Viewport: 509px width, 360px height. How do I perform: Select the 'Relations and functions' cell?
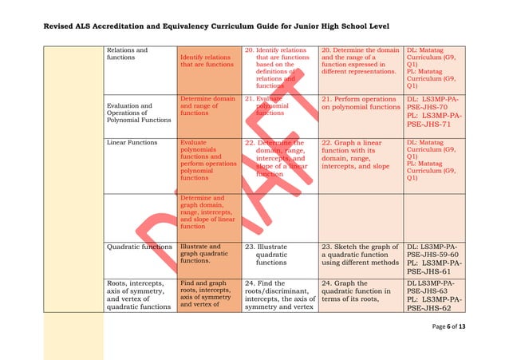point(127,54)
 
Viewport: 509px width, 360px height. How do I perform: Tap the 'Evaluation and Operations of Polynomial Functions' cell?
point(139,113)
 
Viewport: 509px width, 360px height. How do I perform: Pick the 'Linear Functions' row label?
point(132,142)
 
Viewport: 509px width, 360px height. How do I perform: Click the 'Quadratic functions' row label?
point(139,247)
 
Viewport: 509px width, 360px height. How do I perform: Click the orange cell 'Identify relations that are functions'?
point(207,61)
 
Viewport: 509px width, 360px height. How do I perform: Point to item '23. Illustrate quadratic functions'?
point(278,255)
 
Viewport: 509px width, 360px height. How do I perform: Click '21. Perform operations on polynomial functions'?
point(360,103)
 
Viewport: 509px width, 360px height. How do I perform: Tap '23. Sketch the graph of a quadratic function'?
point(360,255)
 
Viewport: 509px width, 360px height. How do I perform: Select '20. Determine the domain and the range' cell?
point(360,59)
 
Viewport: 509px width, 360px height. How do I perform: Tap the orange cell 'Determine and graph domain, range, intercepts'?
point(207,212)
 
